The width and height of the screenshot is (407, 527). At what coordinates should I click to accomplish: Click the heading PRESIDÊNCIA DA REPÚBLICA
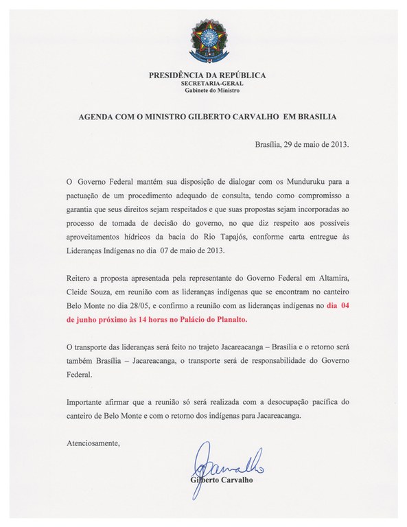click(207, 75)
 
